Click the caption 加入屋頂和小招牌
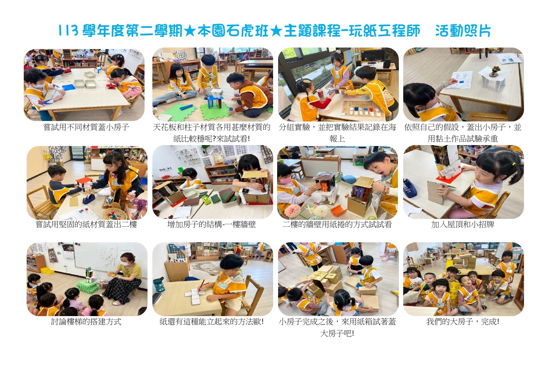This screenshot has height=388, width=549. pos(463,224)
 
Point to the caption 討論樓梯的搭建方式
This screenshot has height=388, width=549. pos(86,322)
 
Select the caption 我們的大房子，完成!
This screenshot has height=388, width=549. pos(463,322)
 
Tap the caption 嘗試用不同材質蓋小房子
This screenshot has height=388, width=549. pos(86,128)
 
